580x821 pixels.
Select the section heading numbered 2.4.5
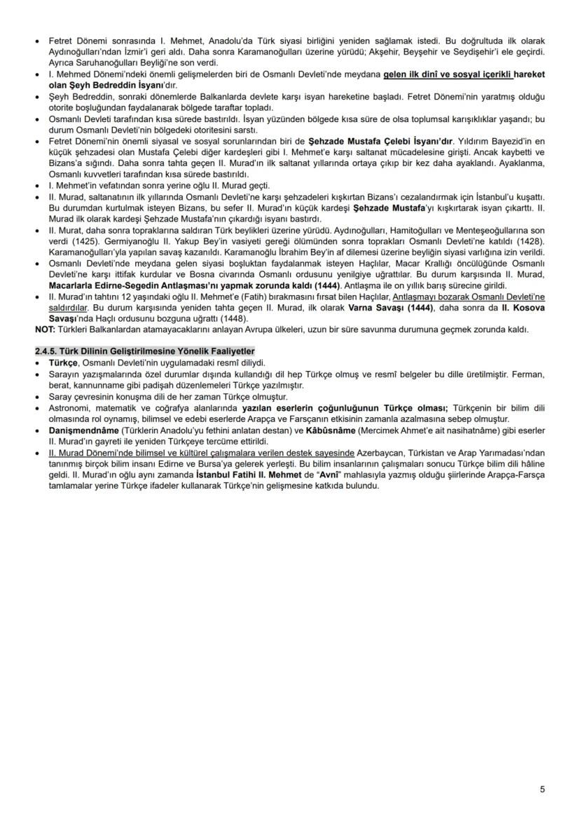[145, 351]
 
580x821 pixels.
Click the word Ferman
[529, 374]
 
